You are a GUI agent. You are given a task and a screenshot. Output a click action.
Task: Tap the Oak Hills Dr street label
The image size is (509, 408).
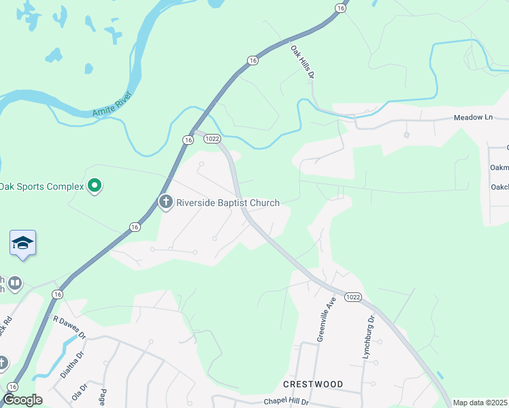pos(302,62)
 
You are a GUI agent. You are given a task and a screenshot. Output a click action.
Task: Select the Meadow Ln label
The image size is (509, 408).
pos(473,118)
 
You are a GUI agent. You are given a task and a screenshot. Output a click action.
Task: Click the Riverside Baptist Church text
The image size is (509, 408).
pos(228,203)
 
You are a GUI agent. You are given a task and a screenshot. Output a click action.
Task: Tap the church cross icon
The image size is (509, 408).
pos(165,202)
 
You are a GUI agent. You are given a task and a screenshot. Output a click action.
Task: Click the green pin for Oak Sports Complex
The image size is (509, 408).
pos(95,185)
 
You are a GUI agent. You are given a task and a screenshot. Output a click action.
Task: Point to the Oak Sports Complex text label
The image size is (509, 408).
pos(41,186)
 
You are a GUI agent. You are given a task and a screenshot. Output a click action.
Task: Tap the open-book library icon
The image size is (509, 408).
pos(15,282)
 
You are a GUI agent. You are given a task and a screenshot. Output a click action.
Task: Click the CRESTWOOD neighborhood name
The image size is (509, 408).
pos(314,384)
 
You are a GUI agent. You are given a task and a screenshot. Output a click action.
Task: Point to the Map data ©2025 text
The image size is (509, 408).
pos(480,403)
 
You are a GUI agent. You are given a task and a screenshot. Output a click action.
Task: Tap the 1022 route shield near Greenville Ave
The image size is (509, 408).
pos(352,297)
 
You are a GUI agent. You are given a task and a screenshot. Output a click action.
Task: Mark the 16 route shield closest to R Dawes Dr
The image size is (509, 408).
pos(56,294)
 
